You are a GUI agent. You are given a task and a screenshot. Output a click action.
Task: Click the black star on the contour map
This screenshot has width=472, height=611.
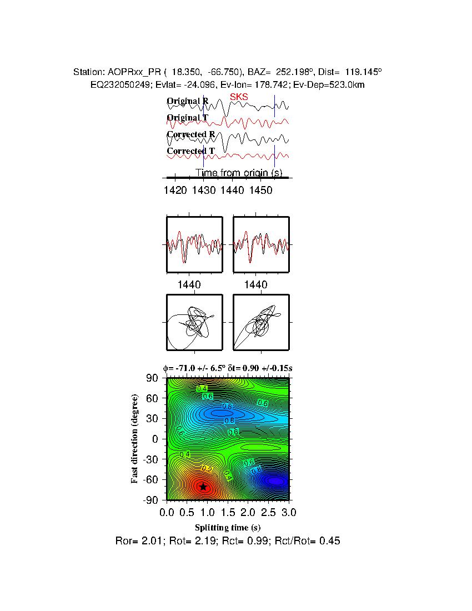tap(203, 487)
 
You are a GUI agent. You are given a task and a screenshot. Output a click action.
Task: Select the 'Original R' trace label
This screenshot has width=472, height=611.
tap(188, 101)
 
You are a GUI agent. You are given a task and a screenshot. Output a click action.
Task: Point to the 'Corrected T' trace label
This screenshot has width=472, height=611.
tap(190, 151)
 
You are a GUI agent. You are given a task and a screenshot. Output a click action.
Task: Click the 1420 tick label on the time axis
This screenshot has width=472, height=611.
tap(175, 191)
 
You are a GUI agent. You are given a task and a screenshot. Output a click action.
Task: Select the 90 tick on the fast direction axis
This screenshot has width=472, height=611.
tap(152, 378)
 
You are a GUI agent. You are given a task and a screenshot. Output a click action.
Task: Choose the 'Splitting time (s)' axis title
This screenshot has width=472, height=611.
tap(228, 527)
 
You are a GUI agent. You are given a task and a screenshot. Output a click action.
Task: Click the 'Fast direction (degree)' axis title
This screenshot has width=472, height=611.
tap(135, 439)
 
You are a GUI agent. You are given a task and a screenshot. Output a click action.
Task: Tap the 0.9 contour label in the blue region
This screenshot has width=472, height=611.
tap(227, 407)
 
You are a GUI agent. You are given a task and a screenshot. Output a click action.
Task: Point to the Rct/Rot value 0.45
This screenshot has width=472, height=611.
tap(330, 540)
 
